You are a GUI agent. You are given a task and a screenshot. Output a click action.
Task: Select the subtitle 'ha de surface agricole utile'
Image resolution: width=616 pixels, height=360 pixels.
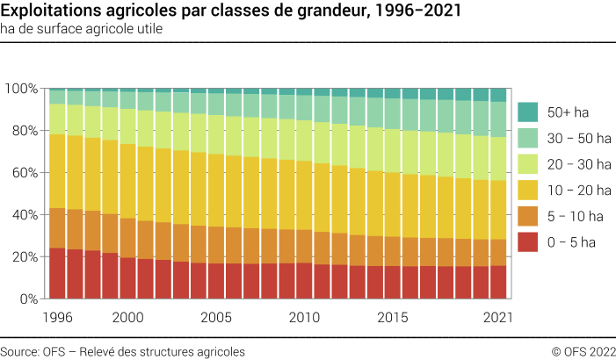82,28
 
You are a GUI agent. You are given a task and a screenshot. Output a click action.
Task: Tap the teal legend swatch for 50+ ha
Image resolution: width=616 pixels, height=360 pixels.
527,112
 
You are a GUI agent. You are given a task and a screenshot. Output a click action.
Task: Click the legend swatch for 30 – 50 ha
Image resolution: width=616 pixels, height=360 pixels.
527,138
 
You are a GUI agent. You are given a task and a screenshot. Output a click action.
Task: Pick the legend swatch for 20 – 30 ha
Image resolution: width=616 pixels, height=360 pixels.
527,163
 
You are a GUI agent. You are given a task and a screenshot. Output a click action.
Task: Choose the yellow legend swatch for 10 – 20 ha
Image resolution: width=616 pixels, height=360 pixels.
527,189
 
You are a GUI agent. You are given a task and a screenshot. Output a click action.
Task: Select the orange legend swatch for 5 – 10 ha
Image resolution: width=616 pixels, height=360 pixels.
527,214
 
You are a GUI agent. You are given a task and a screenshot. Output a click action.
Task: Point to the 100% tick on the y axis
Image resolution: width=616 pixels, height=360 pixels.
20,89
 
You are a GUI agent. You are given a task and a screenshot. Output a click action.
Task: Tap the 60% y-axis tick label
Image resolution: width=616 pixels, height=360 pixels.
23,173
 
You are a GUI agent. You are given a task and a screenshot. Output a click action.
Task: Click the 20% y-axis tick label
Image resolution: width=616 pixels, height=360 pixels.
23,257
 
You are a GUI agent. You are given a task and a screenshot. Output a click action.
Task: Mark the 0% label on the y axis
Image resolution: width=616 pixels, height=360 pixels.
26,299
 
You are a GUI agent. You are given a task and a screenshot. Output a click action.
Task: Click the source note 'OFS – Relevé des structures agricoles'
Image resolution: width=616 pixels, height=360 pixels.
123,351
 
